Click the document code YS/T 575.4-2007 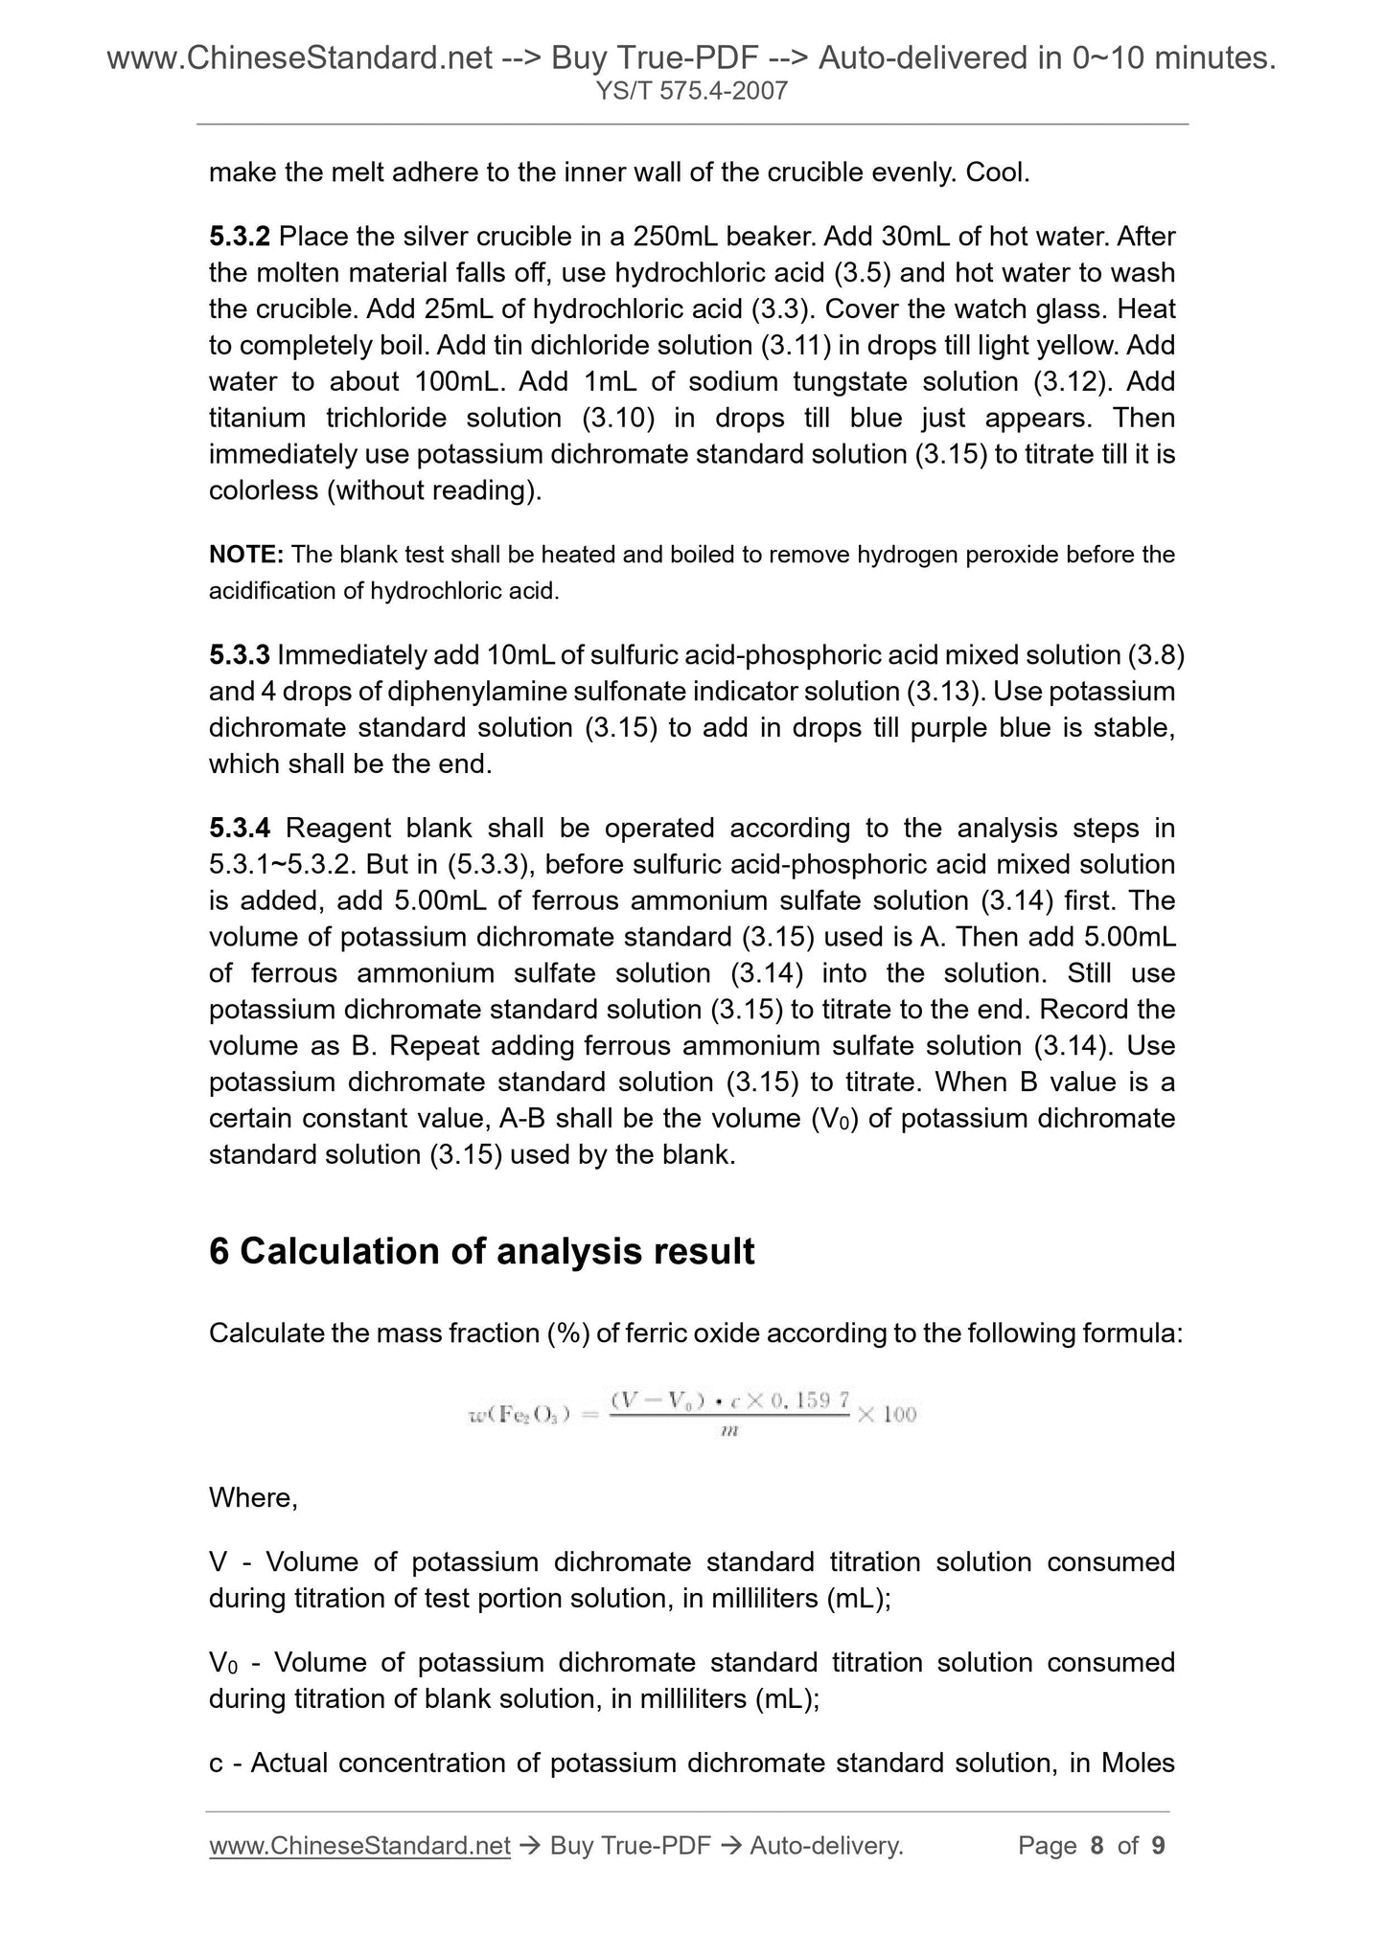(691, 91)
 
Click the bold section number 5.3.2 (240, 236)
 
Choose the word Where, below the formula (253, 1497)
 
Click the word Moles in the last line (1139, 1763)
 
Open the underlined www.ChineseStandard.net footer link (358, 1845)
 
